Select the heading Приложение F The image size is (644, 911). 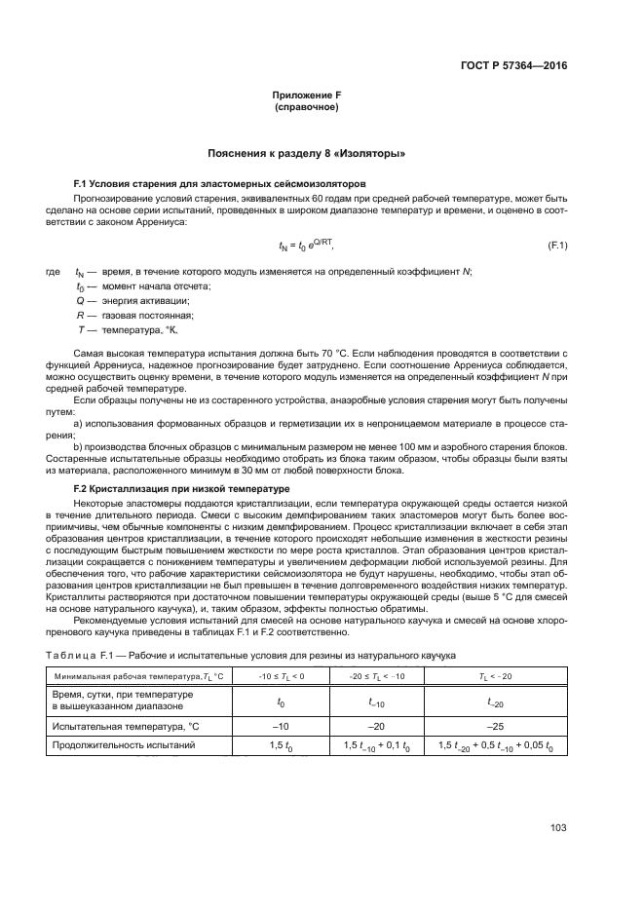(307, 95)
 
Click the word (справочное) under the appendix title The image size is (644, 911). (307, 107)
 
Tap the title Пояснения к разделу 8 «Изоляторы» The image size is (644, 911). (307, 154)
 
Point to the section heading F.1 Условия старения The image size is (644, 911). (219, 183)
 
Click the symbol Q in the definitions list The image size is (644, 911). (80, 300)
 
